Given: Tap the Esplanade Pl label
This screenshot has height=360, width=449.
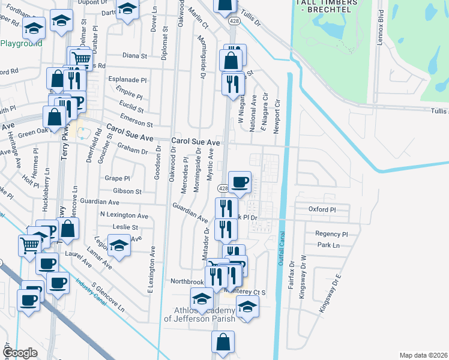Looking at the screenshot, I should point(127,80).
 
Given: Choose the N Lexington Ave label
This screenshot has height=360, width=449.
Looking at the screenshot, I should point(124,215).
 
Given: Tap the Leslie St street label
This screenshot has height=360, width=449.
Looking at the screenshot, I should point(125,228).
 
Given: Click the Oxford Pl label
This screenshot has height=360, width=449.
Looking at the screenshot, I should point(321,210).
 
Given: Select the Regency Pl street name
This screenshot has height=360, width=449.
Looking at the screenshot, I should point(331,234).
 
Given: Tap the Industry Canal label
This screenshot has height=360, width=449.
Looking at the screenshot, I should point(91,293).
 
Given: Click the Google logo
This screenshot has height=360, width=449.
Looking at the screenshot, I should point(20,353).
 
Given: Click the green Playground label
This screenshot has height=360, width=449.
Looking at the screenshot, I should point(21,43).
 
